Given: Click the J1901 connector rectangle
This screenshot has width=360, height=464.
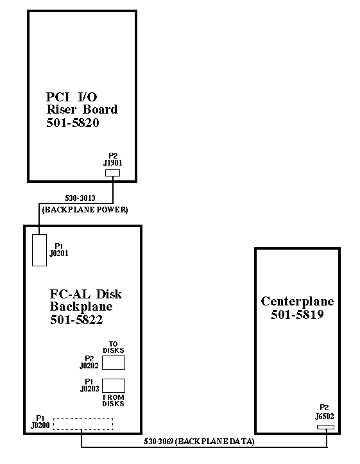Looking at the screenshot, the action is coord(113,173).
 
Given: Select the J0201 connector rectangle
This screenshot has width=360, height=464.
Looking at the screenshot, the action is coord(39,250).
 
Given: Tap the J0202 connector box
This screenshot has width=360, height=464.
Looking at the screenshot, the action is coord(114,363).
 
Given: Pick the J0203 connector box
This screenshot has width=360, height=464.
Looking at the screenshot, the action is coord(114,386).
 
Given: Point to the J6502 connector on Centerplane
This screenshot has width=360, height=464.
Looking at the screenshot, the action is coord(326,427).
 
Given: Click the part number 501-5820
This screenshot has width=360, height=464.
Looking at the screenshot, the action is coord(73,123).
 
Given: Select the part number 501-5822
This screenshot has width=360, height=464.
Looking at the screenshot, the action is coord(76,320).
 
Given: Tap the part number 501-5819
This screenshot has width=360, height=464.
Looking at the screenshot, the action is coord(297,314).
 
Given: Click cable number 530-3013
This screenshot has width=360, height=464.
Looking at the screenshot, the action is coord(80,198).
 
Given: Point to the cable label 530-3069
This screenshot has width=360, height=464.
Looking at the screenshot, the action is coord(159,442).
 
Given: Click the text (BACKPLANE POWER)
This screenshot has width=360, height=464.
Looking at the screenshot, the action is coord(85,210).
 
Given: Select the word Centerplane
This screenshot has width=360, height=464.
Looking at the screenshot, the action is coord(297,301).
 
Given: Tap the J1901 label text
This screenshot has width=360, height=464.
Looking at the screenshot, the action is coord(113,163).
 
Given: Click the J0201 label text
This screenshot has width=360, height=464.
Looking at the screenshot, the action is coord(59,253).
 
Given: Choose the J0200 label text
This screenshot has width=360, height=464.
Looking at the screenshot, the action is coord(40,425).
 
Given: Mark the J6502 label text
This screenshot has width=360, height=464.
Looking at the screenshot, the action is coord(325,417).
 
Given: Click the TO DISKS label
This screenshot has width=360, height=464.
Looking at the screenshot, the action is coord(114,347).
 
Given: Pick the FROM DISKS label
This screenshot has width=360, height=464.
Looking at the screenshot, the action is coord(114,400).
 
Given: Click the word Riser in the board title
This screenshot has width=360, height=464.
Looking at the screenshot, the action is coord(61,110).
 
